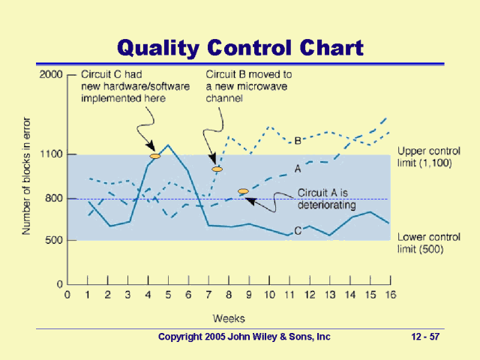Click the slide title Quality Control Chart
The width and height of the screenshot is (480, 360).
240,48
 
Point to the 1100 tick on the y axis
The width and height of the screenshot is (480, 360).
51,154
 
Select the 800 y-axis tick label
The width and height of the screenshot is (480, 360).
54,199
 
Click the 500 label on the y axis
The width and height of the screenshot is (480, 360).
54,241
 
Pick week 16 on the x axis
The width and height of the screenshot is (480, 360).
388,295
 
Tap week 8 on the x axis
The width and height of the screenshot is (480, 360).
228,295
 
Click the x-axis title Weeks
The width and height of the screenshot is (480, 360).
228,319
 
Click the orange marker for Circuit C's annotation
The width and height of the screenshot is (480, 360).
155,156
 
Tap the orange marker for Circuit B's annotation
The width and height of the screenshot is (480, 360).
217,169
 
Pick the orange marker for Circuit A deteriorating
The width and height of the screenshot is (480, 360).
243,192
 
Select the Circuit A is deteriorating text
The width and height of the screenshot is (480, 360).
326,198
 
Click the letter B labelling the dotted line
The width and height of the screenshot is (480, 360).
298,140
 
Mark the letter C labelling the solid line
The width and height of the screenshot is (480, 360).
298,230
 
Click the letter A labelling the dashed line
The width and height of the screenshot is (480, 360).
298,169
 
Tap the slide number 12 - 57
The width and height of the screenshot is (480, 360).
425,337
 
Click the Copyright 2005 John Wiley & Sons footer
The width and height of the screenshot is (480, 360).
244,337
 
